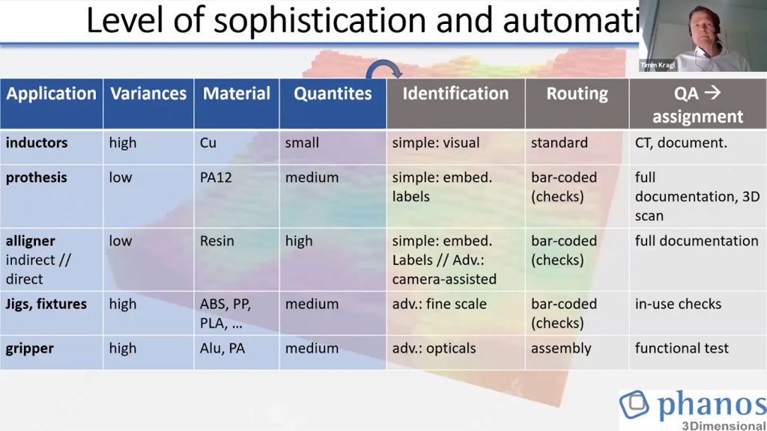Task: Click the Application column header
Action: pos(51,94)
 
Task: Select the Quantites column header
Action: pos(333,94)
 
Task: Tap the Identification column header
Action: pos(455,94)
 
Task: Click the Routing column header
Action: pos(577,94)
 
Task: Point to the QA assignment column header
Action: pos(697,105)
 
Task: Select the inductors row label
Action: pos(37,142)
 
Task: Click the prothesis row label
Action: pos(37,178)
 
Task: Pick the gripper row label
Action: pos(31,349)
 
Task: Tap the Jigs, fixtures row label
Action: pos(46,305)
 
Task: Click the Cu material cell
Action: pos(207,142)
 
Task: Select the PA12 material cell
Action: pos(216,178)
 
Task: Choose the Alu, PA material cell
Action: pos(222,349)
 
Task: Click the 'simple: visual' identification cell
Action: pos(436,142)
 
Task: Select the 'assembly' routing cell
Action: pos(561,349)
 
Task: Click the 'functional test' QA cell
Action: pos(682,349)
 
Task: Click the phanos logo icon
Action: pos(634,405)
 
